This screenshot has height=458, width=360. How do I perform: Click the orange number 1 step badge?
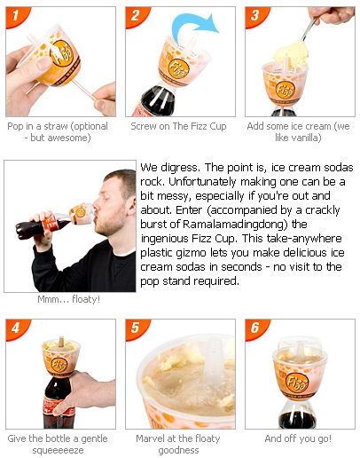click(15, 16)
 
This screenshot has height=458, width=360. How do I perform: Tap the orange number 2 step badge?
click(135, 16)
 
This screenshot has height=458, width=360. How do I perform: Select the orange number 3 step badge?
click(254, 16)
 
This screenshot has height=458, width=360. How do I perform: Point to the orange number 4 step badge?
click(15, 328)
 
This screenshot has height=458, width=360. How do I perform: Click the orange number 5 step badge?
click(135, 328)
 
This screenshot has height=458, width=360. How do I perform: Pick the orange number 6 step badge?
click(254, 328)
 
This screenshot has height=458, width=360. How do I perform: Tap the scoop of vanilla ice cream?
click(291, 55)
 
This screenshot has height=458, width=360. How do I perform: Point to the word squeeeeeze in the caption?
click(58, 450)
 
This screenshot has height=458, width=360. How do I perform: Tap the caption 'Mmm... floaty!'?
click(68, 299)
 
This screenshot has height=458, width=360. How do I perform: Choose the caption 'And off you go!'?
click(298, 438)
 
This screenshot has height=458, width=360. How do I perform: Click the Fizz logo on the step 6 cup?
click(297, 383)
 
